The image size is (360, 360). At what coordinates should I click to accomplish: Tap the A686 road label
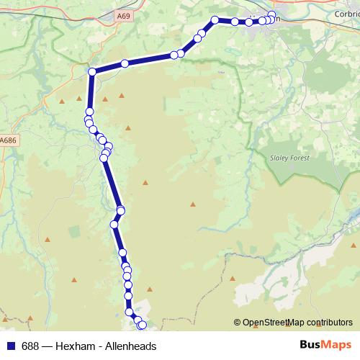(9, 140)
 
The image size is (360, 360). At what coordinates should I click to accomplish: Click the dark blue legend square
(10, 346)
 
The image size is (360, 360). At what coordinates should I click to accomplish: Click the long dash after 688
(48, 346)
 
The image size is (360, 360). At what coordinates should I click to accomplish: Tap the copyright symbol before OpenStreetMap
(238, 323)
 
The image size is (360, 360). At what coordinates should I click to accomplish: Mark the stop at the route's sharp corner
(92, 71)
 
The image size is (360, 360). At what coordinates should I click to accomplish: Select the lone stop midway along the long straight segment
(125, 63)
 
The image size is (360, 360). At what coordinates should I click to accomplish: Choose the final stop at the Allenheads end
(142, 325)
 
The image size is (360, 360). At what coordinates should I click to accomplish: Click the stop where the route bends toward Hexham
(215, 20)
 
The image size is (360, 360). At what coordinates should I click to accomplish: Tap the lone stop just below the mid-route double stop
(114, 225)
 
